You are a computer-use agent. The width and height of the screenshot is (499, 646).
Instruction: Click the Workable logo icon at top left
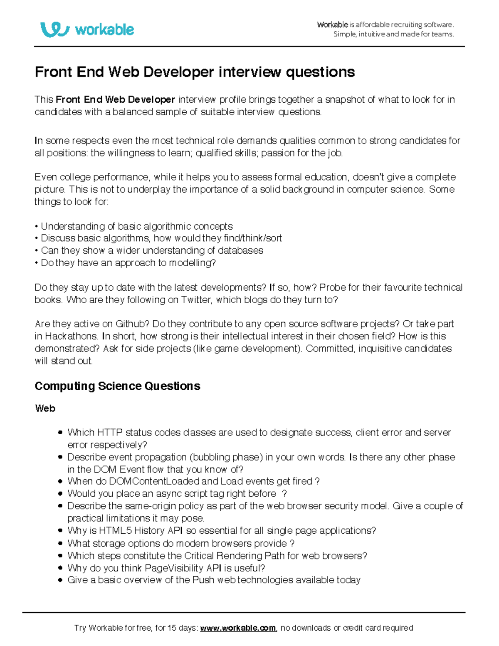click(54, 30)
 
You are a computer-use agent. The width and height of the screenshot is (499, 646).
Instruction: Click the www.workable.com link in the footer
click(238, 628)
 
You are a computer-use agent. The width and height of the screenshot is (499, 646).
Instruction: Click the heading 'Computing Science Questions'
click(117, 386)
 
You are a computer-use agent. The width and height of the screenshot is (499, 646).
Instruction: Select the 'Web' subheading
click(45, 408)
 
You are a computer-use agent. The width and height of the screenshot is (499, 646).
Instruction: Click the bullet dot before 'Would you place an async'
click(60, 494)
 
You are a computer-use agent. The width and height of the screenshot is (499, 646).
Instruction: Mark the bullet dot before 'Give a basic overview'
click(60, 580)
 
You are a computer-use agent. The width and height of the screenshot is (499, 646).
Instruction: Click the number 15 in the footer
click(172, 628)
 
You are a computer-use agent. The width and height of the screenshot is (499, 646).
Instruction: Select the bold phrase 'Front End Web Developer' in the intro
click(115, 100)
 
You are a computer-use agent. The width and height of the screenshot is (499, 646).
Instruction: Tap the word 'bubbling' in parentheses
click(211, 457)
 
